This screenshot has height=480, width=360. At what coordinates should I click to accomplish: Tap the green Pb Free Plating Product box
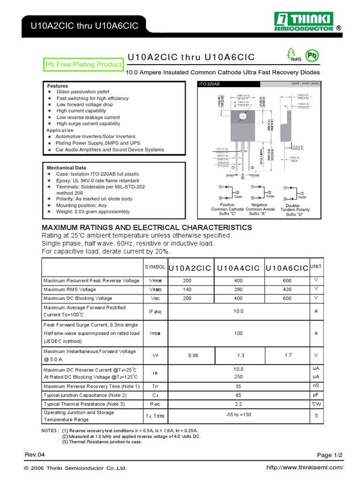pyautogui.click(x=83, y=65)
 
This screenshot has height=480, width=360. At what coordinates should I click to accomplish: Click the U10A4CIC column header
pyautogui.click(x=239, y=268)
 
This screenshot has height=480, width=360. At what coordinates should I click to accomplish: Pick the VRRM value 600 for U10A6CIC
pyautogui.click(x=287, y=280)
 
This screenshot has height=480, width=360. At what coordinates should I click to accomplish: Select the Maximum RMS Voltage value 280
pyautogui.click(x=239, y=289)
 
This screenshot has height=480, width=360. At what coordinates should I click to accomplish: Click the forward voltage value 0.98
pyautogui.click(x=193, y=355)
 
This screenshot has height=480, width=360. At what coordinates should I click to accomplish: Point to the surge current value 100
pyautogui.click(x=239, y=333)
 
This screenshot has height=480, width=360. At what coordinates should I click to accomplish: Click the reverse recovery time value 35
pyautogui.click(x=239, y=386)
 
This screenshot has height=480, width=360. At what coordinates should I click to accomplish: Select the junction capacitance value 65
pyautogui.click(x=239, y=395)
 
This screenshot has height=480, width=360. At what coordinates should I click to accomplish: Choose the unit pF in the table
pyautogui.click(x=316, y=395)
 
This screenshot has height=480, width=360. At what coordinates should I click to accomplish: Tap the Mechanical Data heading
pyautogui.click(x=66, y=167)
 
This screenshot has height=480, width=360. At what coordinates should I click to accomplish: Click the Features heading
pyautogui.click(x=57, y=86)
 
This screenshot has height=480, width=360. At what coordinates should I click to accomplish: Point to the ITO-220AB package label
pyautogui.click(x=210, y=84)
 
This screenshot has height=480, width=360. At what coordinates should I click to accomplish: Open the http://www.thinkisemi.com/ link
pyautogui.click(x=305, y=468)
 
